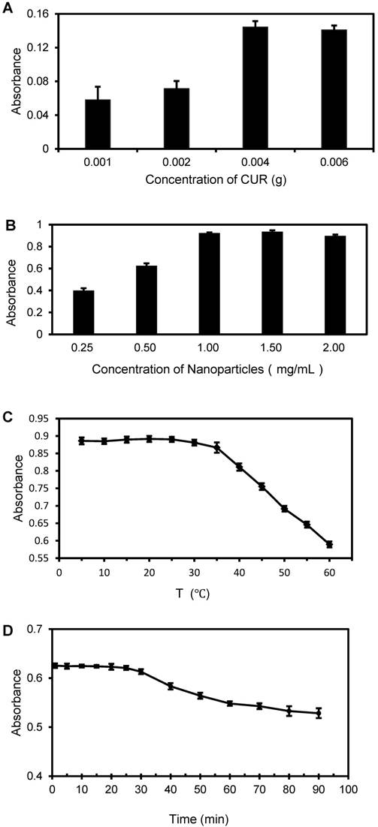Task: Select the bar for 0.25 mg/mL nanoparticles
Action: point(83,312)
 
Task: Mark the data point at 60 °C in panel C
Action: point(329,544)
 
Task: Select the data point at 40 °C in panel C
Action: point(239,467)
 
